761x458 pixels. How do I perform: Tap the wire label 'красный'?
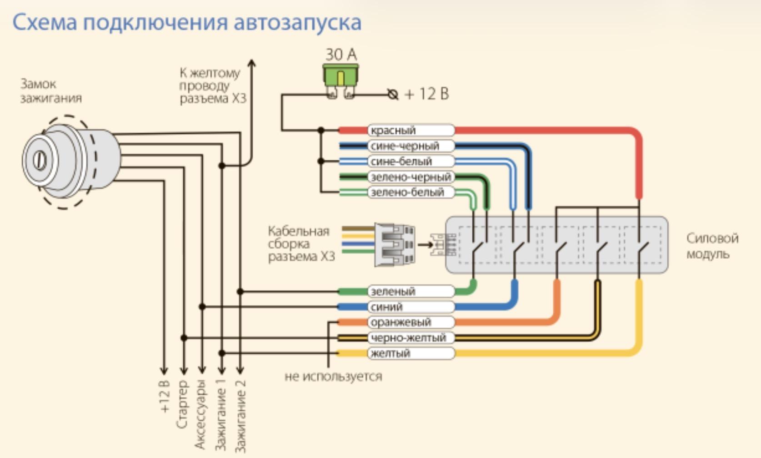[x=393, y=130]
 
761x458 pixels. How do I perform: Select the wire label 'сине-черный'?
[x=405, y=146]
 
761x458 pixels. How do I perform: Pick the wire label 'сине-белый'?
[x=401, y=161]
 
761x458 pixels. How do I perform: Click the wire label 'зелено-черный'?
[x=411, y=177]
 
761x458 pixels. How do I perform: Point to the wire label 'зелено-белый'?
[x=407, y=192]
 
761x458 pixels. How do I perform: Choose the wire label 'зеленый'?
[x=393, y=292]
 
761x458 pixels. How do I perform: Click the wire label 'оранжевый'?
[x=401, y=322]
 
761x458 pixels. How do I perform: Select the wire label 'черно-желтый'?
[x=408, y=338]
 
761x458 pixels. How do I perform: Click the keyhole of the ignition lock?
[x=40, y=160]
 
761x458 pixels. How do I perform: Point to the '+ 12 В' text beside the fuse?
[x=427, y=94]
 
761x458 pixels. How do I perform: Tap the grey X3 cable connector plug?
[x=395, y=244]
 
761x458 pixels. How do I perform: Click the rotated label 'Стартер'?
[x=182, y=404]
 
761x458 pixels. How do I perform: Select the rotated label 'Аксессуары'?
[x=200, y=414]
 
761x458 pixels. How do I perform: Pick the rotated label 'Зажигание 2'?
[x=240, y=416]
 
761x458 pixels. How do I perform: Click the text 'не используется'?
[x=333, y=377]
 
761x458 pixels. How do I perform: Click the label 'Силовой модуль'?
[x=712, y=246]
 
